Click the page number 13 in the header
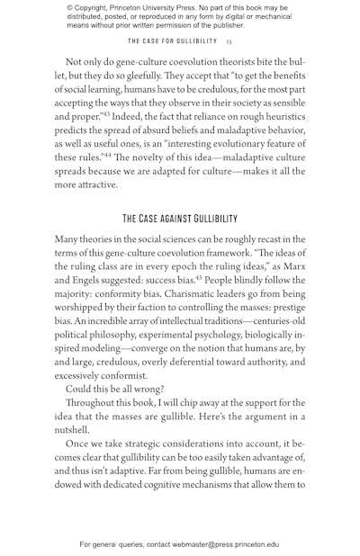(x=229, y=40)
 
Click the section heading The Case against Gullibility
(x=180, y=219)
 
